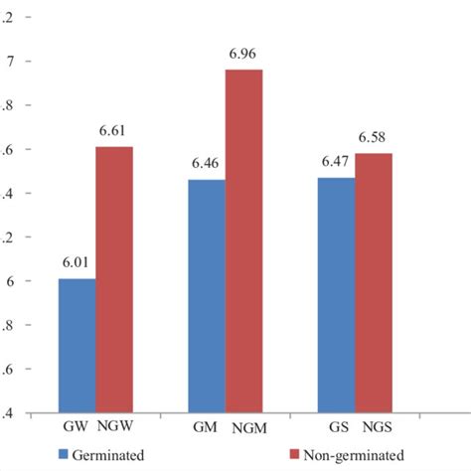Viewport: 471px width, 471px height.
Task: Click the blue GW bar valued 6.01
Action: click(x=78, y=346)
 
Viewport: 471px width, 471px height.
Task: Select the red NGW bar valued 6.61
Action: click(x=114, y=279)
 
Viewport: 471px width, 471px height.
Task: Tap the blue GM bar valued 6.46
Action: click(x=207, y=296)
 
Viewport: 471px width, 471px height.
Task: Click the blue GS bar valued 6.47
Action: click(x=336, y=295)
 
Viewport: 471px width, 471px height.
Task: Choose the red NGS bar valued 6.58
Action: click(x=373, y=283)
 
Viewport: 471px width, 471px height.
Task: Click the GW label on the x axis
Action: click(x=73, y=423)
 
